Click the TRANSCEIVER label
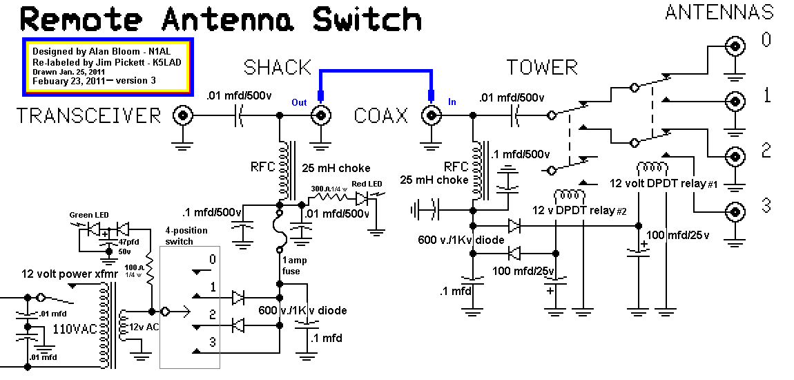[x=89, y=115]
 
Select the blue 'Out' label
[x=299, y=102]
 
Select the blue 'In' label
[x=452, y=102]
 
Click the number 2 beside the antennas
[x=766, y=151]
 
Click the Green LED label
[x=89, y=215]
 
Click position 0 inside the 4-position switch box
[x=213, y=260]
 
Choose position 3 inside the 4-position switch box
[x=213, y=341]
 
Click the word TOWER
[x=542, y=68]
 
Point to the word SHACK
[x=278, y=68]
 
